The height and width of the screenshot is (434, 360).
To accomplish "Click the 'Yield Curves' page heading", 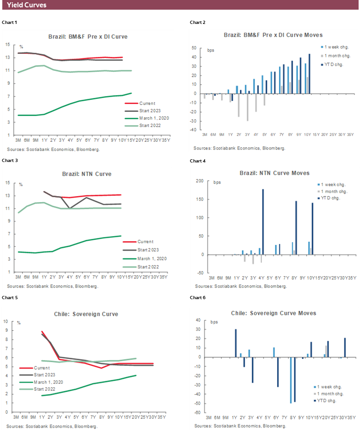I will pos(27,5).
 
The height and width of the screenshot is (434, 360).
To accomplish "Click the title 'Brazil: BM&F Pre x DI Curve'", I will pos(88,36).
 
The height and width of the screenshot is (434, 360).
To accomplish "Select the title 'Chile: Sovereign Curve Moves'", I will pos(273,313).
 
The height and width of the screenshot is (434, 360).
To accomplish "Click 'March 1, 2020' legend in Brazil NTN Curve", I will pos(153,259).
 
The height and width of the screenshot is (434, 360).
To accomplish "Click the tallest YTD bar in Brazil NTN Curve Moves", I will pos(263,221).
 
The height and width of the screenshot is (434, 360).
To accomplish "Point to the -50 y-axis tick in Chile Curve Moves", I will pos(198,403).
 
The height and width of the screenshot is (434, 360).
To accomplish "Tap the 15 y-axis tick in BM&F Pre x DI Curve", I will pos(7,45).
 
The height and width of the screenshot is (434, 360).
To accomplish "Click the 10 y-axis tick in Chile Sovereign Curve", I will pos(6,322).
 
